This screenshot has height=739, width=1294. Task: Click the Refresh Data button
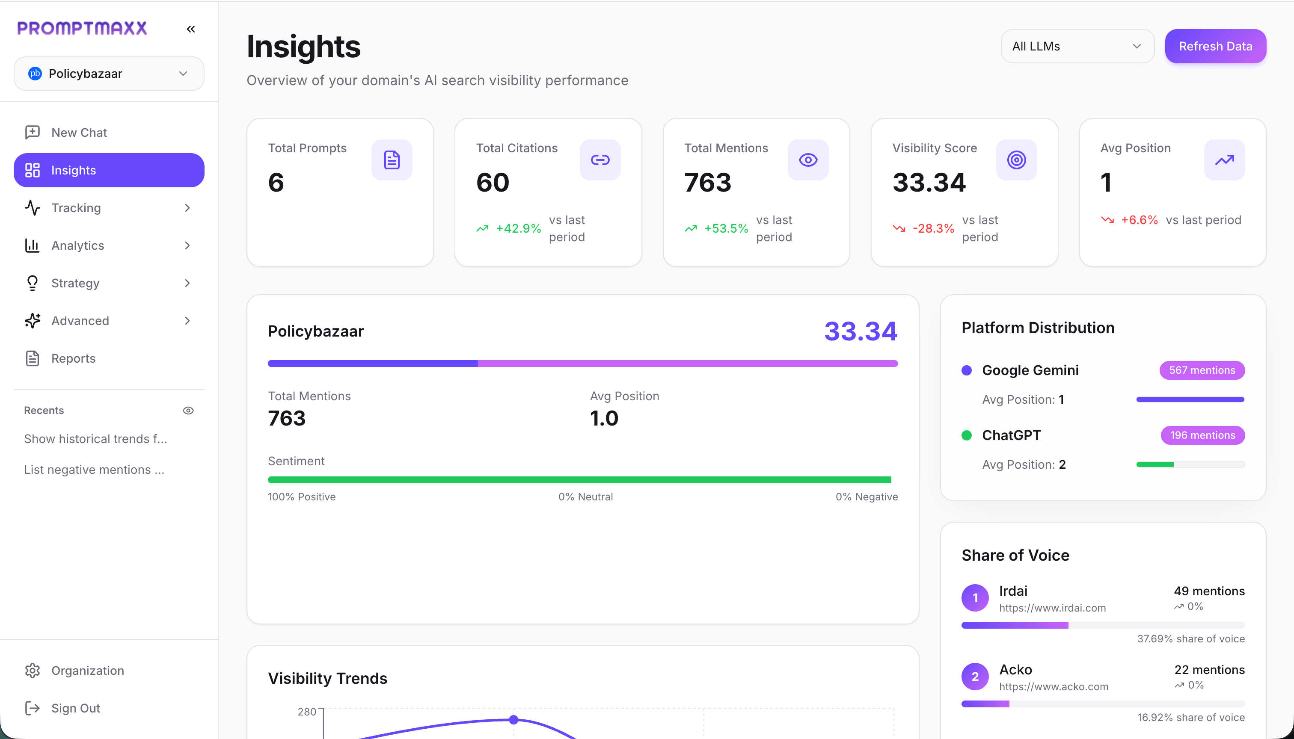(1215, 46)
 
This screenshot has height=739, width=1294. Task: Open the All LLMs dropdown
(1077, 46)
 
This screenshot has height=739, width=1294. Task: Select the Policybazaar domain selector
(109, 74)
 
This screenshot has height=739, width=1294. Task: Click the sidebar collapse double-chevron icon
(191, 29)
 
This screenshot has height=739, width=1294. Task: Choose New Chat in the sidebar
(79, 133)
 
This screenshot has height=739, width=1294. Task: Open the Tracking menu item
(76, 207)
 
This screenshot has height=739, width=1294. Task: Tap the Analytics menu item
(78, 245)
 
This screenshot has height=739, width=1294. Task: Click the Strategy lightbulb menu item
(75, 283)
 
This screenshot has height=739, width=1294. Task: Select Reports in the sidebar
(73, 358)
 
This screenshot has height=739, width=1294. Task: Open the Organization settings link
(87, 670)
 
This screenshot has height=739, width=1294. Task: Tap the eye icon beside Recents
(188, 410)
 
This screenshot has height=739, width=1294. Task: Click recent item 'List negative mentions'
(94, 470)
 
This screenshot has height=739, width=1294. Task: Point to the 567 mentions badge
(1202, 370)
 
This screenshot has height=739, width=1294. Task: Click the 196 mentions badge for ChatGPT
(1202, 435)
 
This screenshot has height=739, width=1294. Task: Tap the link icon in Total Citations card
(600, 160)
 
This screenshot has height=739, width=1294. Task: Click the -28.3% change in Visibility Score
(933, 228)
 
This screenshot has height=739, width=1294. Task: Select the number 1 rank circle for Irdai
(974, 598)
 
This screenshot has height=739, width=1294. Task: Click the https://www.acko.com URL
(1053, 686)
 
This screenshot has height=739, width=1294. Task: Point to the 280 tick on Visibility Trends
(307, 712)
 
